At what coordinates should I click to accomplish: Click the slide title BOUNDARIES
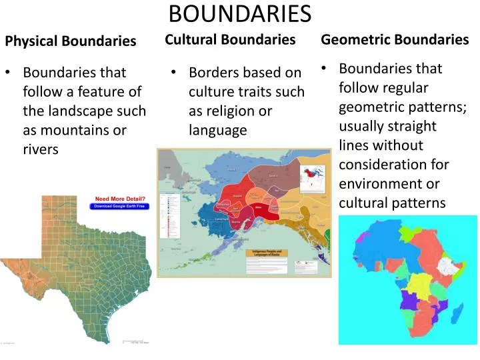tap(240, 13)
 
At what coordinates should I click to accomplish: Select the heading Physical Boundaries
tap(71, 41)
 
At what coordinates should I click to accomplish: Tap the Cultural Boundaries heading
tap(230, 40)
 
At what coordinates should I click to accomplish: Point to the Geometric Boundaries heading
tap(395, 39)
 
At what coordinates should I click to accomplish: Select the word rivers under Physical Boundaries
tap(41, 149)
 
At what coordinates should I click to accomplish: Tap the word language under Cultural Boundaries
tap(217, 130)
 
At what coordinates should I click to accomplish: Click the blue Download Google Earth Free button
tap(121, 207)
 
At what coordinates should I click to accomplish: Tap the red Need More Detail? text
tap(121, 199)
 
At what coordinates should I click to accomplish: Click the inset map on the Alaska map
tap(311, 177)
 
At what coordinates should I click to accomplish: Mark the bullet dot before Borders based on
tap(173, 72)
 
